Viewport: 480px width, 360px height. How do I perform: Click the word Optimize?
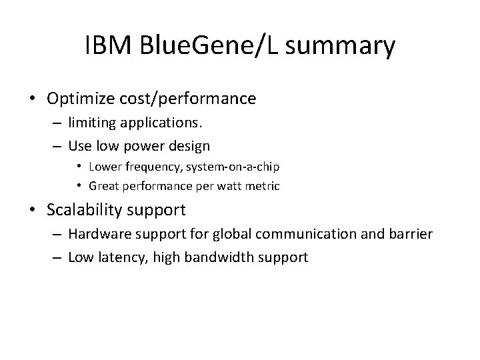tap(81, 99)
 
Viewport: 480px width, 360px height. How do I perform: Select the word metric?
tap(264, 186)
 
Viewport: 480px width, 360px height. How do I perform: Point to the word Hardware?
tap(96, 235)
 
